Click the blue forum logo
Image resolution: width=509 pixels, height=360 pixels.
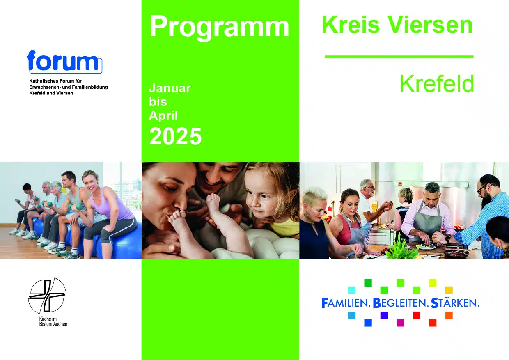tap(64, 62)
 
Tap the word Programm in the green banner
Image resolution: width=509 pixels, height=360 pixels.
tap(219, 27)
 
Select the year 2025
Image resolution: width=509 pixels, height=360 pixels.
tap(175, 136)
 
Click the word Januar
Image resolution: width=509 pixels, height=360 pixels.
tap(170, 88)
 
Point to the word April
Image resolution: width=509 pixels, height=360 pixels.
tap(163, 116)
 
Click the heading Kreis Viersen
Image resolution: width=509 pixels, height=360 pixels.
tap(397, 25)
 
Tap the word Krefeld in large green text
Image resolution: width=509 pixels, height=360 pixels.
tap(437, 84)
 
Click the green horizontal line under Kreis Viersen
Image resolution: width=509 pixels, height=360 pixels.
tap(399, 57)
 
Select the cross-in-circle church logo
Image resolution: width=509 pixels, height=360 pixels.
tap(47, 296)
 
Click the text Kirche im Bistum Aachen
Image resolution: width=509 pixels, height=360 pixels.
tap(53, 321)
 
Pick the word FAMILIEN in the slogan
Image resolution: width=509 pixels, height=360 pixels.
tap(346, 303)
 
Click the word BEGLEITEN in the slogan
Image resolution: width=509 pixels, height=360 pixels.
tap(401, 303)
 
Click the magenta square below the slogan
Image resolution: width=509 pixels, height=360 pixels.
tap(400, 323)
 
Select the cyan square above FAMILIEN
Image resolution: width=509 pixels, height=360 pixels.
tap(352, 290)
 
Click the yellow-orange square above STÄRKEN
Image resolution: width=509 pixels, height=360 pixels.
tap(449, 290)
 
